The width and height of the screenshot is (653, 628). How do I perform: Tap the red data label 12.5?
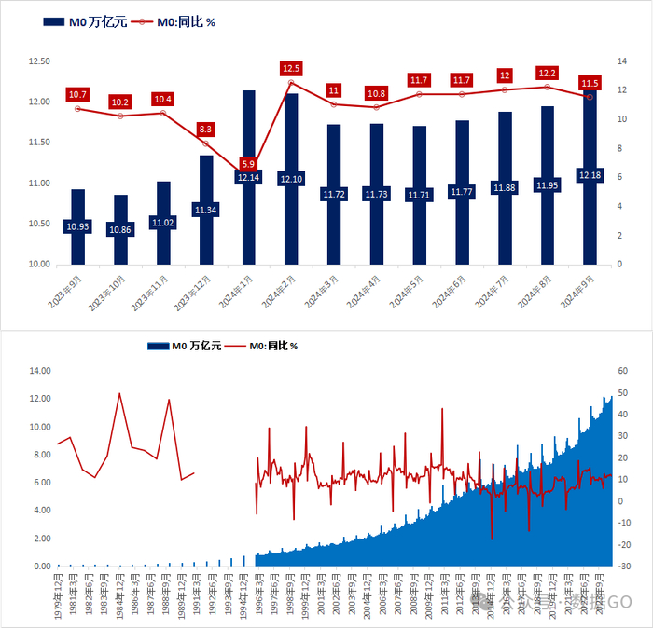[291, 68]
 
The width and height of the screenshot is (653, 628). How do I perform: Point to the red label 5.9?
[249, 164]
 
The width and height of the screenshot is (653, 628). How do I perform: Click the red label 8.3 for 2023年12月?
[206, 129]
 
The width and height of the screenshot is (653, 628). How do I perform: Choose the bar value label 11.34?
[206, 210]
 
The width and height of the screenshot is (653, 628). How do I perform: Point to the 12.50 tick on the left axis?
[39, 61]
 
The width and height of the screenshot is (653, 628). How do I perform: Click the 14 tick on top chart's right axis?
[619, 61]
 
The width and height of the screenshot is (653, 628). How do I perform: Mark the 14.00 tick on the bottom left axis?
[38, 371]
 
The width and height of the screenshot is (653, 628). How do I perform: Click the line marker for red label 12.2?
[548, 87]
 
